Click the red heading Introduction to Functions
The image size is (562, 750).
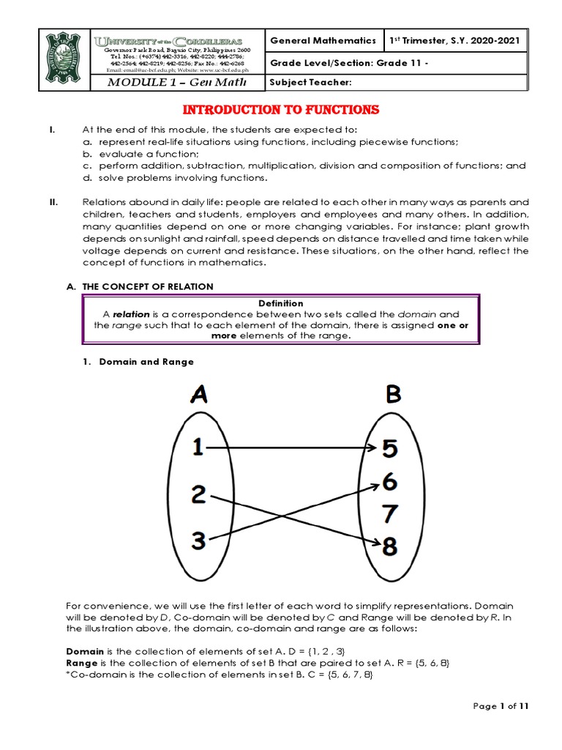[x=280, y=110]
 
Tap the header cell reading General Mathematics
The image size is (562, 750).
[x=323, y=41]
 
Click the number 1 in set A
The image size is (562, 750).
[x=198, y=447]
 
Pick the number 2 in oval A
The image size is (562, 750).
[x=198, y=495]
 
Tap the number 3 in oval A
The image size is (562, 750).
[x=198, y=541]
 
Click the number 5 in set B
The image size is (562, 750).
[x=391, y=448]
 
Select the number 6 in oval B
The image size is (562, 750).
[x=391, y=481]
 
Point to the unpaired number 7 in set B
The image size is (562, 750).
[x=391, y=513]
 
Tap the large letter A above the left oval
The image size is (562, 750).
[x=198, y=395]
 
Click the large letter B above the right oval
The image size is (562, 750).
[x=393, y=395]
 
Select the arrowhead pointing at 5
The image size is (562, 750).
[x=372, y=448]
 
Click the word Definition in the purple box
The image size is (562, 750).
[x=281, y=303]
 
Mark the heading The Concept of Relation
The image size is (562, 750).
[x=146, y=286]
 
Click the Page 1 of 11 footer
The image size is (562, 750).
[x=501, y=706]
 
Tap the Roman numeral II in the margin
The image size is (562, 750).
[x=53, y=202]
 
